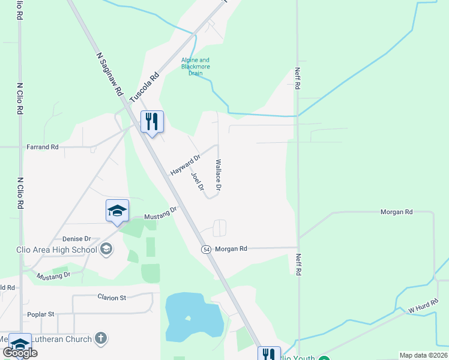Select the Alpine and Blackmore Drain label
pyautogui.click(x=196, y=66)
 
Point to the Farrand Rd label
pyautogui.click(x=42, y=146)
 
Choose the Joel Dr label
pyautogui.click(x=197, y=181)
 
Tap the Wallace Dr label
pyautogui.click(x=218, y=175)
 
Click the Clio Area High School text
pyautogui.click(x=56, y=250)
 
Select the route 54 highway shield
pyautogui.click(x=205, y=249)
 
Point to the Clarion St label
pyautogui.click(x=112, y=297)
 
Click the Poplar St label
pyautogui.click(x=40, y=314)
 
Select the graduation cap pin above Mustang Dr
pyautogui.click(x=117, y=211)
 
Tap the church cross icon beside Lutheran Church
pyautogui.click(x=101, y=339)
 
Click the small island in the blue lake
pyautogui.click(x=188, y=318)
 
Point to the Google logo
pyautogui.click(x=20, y=353)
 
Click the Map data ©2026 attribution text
pyautogui.click(x=423, y=355)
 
